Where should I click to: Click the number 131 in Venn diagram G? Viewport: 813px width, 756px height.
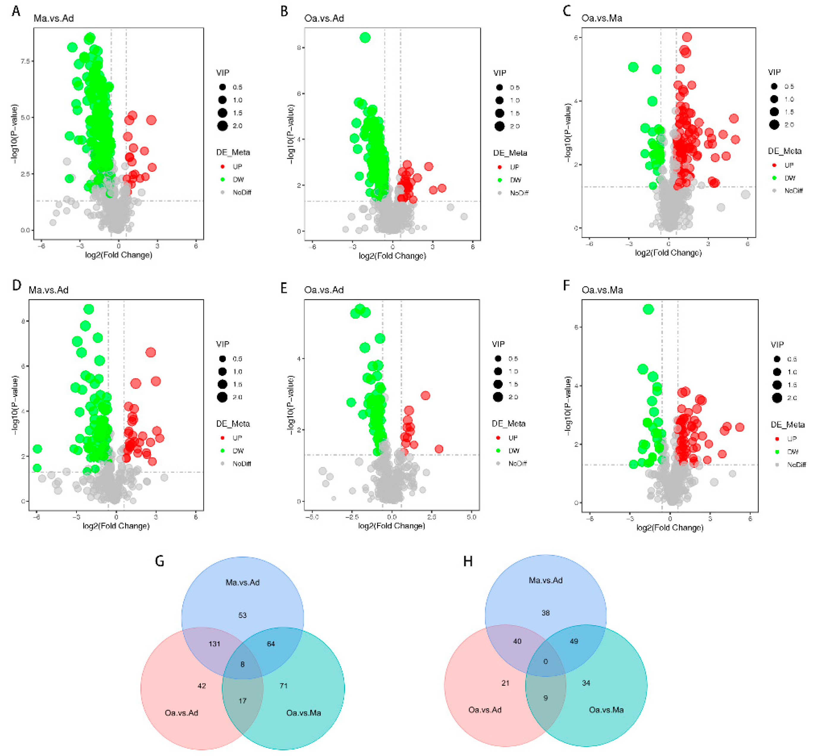click(x=214, y=644)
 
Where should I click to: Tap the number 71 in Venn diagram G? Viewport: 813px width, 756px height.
click(x=283, y=686)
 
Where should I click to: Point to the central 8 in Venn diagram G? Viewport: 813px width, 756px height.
click(x=242, y=664)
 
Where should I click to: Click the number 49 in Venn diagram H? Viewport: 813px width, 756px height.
click(x=574, y=641)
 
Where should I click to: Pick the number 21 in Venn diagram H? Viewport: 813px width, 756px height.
click(x=505, y=683)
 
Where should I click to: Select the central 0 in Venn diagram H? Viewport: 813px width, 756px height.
click(x=546, y=661)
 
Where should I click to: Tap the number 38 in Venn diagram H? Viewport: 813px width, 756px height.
click(x=546, y=613)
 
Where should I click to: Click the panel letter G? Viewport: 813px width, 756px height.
click(x=160, y=561)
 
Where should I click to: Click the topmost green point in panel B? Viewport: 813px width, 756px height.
click(x=365, y=38)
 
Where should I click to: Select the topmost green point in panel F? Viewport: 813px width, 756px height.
click(x=648, y=309)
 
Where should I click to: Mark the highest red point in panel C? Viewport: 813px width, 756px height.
click(x=687, y=37)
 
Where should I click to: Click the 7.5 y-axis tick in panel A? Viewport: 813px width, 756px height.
click(x=25, y=61)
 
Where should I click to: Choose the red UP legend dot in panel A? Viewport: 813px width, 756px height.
click(x=223, y=166)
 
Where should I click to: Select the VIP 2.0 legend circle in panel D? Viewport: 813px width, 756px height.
click(x=223, y=397)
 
